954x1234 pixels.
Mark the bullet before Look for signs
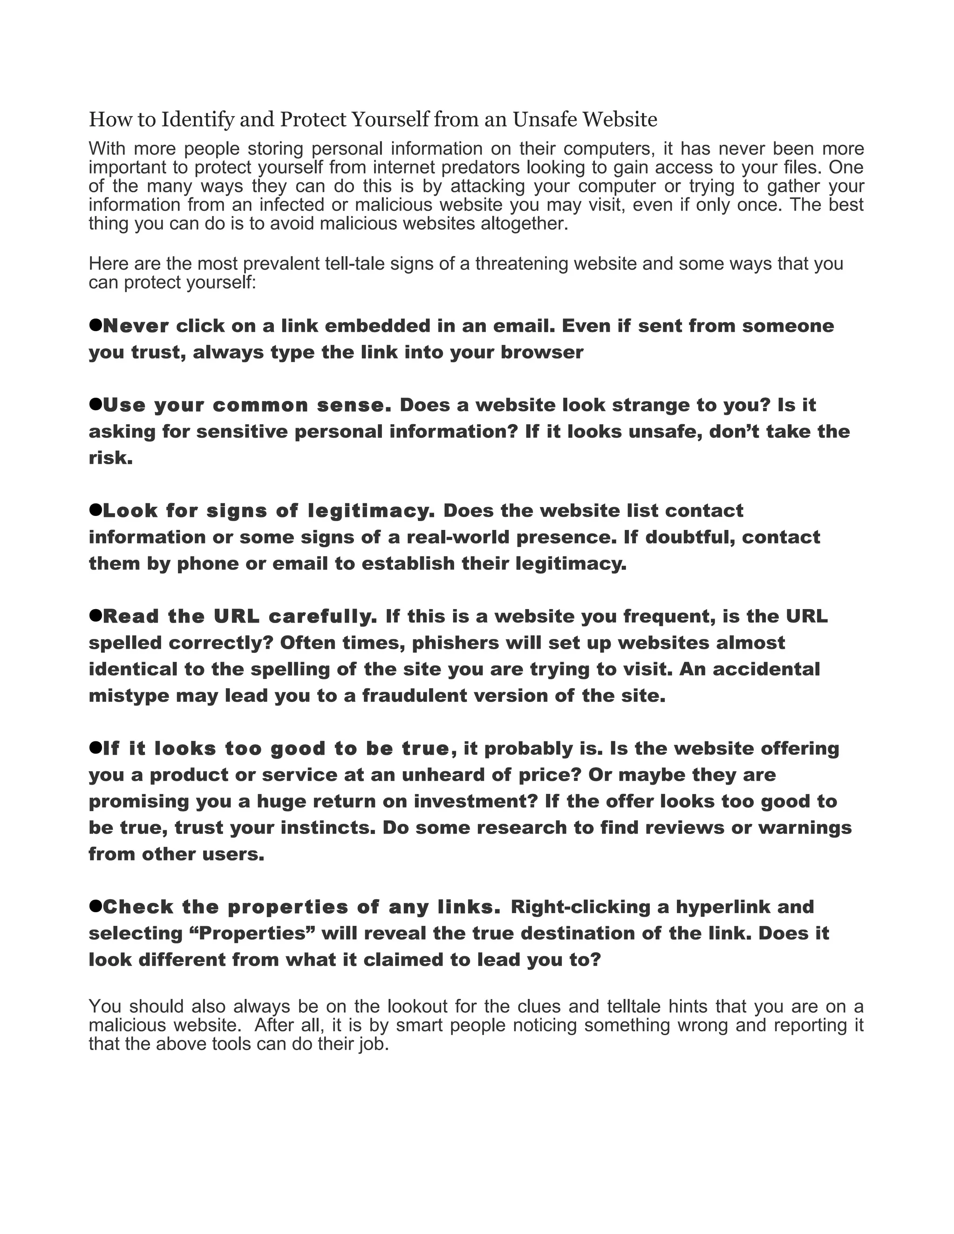(x=95, y=509)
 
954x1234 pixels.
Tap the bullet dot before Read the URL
(x=95, y=615)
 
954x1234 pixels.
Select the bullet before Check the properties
(x=95, y=906)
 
